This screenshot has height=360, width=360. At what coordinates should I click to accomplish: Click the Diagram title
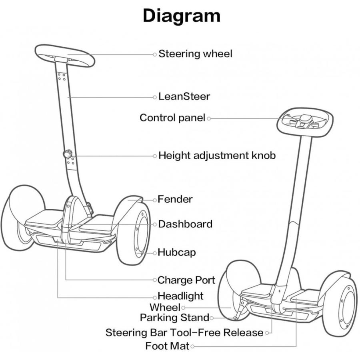tap(182, 16)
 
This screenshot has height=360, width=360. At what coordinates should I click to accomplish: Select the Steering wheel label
tap(195, 54)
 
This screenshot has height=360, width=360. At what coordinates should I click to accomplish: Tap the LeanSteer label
tap(184, 96)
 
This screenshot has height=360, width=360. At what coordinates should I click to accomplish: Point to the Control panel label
tap(172, 118)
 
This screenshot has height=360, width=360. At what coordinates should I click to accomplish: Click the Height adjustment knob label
tap(217, 155)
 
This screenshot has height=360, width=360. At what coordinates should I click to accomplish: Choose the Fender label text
tap(175, 199)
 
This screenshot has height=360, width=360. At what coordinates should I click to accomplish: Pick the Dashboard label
tap(185, 224)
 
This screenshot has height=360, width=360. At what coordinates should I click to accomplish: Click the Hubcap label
tap(176, 252)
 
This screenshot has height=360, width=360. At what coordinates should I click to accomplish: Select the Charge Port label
tap(186, 280)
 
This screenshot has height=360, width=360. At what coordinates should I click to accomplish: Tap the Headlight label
tap(180, 296)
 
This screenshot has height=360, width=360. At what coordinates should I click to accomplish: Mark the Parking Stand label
tap(174, 318)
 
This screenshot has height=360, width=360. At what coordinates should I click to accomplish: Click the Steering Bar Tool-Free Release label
tap(184, 332)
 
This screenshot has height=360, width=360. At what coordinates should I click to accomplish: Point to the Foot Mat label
tap(167, 346)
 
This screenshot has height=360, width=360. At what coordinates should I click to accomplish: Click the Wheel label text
tap(165, 307)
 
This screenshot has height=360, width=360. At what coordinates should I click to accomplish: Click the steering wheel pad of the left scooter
tap(64, 55)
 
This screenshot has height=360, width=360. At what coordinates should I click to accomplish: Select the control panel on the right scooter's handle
tap(305, 120)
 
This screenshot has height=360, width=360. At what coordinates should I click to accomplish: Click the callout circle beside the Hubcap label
tap(155, 253)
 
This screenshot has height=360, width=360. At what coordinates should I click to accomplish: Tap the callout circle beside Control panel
tap(209, 118)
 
